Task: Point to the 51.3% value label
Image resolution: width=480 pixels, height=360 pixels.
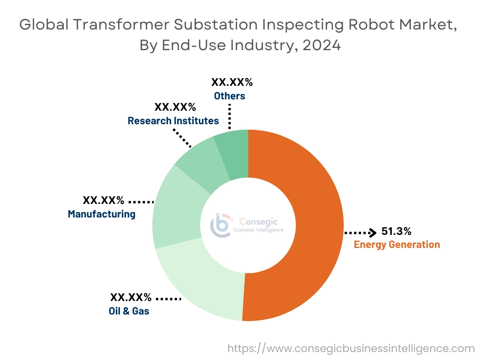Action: pyautogui.click(x=396, y=231)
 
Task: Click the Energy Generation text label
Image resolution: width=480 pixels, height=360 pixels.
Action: pyautogui.click(x=397, y=244)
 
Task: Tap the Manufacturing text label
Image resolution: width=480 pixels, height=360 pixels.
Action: pyautogui.click(x=102, y=214)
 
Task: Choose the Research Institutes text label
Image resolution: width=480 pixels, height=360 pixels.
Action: pyautogui.click(x=173, y=120)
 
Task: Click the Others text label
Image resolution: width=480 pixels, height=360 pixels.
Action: pyautogui.click(x=230, y=96)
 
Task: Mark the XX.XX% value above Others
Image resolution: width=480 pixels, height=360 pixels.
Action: pyautogui.click(x=232, y=82)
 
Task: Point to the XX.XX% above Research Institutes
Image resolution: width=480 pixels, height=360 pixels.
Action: pyautogui.click(x=175, y=107)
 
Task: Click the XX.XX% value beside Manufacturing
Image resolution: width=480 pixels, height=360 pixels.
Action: pyautogui.click(x=104, y=201)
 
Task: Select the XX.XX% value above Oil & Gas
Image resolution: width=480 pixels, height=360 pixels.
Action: pyautogui.click(x=131, y=297)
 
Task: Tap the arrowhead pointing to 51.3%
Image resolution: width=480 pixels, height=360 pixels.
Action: pyautogui.click(x=373, y=232)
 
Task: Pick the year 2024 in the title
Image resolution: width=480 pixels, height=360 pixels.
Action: pyautogui.click(x=321, y=46)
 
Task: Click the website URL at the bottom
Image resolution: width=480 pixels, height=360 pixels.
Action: pyautogui.click(x=351, y=348)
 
